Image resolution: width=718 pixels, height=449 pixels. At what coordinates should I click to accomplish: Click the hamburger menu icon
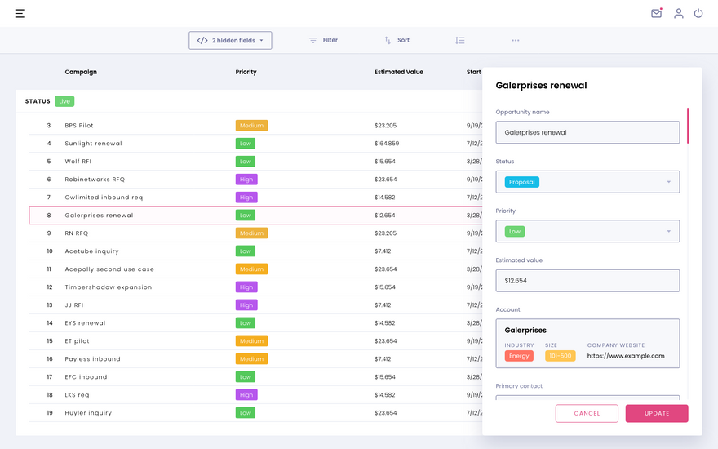click(20, 13)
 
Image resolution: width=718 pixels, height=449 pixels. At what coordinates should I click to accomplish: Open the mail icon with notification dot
click(657, 13)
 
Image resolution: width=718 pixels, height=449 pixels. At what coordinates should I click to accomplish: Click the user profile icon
click(679, 13)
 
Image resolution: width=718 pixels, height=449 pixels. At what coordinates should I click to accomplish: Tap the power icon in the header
click(698, 13)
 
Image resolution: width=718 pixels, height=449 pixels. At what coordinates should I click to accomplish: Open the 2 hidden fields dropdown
click(230, 40)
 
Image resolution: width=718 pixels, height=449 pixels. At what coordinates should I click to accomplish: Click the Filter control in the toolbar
click(323, 40)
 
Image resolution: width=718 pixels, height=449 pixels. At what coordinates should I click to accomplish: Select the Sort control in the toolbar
click(397, 40)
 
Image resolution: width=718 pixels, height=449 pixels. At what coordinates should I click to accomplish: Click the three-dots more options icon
click(516, 40)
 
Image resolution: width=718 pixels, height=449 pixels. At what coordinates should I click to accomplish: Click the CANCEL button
click(587, 413)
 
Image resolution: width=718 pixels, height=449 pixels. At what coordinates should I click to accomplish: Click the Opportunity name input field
click(587, 132)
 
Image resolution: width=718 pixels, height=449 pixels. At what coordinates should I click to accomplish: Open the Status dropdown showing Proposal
click(587, 182)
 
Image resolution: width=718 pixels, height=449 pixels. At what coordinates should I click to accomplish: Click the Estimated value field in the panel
click(587, 280)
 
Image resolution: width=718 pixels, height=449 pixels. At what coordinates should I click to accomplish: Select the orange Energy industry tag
click(519, 356)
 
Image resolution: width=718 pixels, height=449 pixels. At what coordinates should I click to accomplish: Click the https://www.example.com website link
click(626, 356)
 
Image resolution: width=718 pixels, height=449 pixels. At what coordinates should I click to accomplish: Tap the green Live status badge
click(64, 101)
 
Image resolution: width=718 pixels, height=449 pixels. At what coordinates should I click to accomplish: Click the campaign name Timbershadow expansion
click(108, 287)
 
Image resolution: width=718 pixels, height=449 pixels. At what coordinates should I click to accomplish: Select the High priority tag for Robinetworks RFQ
click(246, 180)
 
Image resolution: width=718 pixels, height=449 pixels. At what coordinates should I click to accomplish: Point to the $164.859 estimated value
click(387, 144)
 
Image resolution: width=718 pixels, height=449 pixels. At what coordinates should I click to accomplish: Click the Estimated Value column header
click(399, 72)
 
